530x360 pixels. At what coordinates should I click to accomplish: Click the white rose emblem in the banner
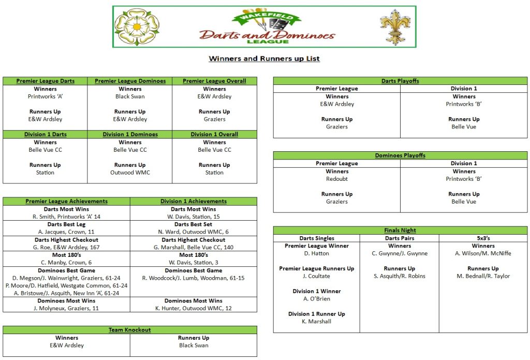tap(137, 27)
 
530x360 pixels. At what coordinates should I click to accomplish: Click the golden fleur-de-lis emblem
tap(392, 27)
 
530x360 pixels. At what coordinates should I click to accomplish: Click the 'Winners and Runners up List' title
tap(264, 59)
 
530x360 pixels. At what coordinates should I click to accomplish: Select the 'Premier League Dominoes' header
tap(130, 81)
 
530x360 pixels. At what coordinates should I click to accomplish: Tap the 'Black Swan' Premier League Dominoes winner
tap(130, 96)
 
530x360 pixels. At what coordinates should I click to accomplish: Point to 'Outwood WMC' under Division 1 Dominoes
tap(130, 172)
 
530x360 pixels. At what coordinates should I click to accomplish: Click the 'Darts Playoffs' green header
tap(400, 81)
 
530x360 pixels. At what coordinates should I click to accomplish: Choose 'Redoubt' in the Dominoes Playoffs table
tap(337, 179)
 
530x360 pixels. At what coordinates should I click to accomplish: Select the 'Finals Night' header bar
tap(400, 231)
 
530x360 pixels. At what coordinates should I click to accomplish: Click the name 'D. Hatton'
tap(316, 253)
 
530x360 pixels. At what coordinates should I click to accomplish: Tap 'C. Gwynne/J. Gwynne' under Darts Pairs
tap(400, 253)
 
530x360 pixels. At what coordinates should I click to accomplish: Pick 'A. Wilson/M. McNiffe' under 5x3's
tap(483, 253)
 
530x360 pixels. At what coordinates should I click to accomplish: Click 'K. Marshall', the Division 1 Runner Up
tap(316, 321)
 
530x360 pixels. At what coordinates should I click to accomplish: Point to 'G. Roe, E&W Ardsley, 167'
tap(66, 247)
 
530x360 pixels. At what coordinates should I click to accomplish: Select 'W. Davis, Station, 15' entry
tap(194, 217)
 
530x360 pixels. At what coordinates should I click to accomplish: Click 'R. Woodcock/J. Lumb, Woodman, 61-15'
tap(194, 278)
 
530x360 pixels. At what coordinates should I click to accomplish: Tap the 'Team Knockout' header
tap(130, 330)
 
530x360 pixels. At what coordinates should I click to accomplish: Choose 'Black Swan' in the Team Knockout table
tap(194, 345)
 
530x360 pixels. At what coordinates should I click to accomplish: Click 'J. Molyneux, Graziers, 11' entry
tap(66, 308)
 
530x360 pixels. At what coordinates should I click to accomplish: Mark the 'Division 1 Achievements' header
tap(194, 201)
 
